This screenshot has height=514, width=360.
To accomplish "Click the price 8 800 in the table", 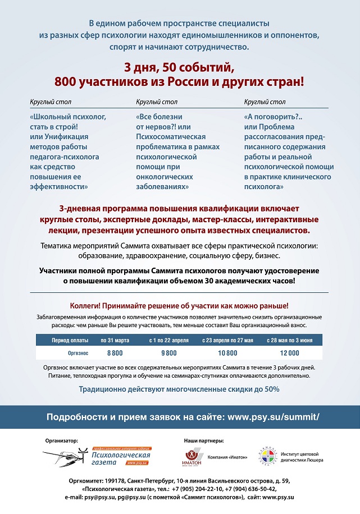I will click(x=115, y=352).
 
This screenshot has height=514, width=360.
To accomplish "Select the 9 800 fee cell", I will click(x=168, y=352).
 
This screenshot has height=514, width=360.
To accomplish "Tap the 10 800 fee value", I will click(x=227, y=352).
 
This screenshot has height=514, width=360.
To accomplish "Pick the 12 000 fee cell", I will click(x=289, y=352).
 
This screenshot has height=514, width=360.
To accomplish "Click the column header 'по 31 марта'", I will click(x=115, y=340).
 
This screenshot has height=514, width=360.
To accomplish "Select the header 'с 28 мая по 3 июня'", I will click(x=289, y=340).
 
